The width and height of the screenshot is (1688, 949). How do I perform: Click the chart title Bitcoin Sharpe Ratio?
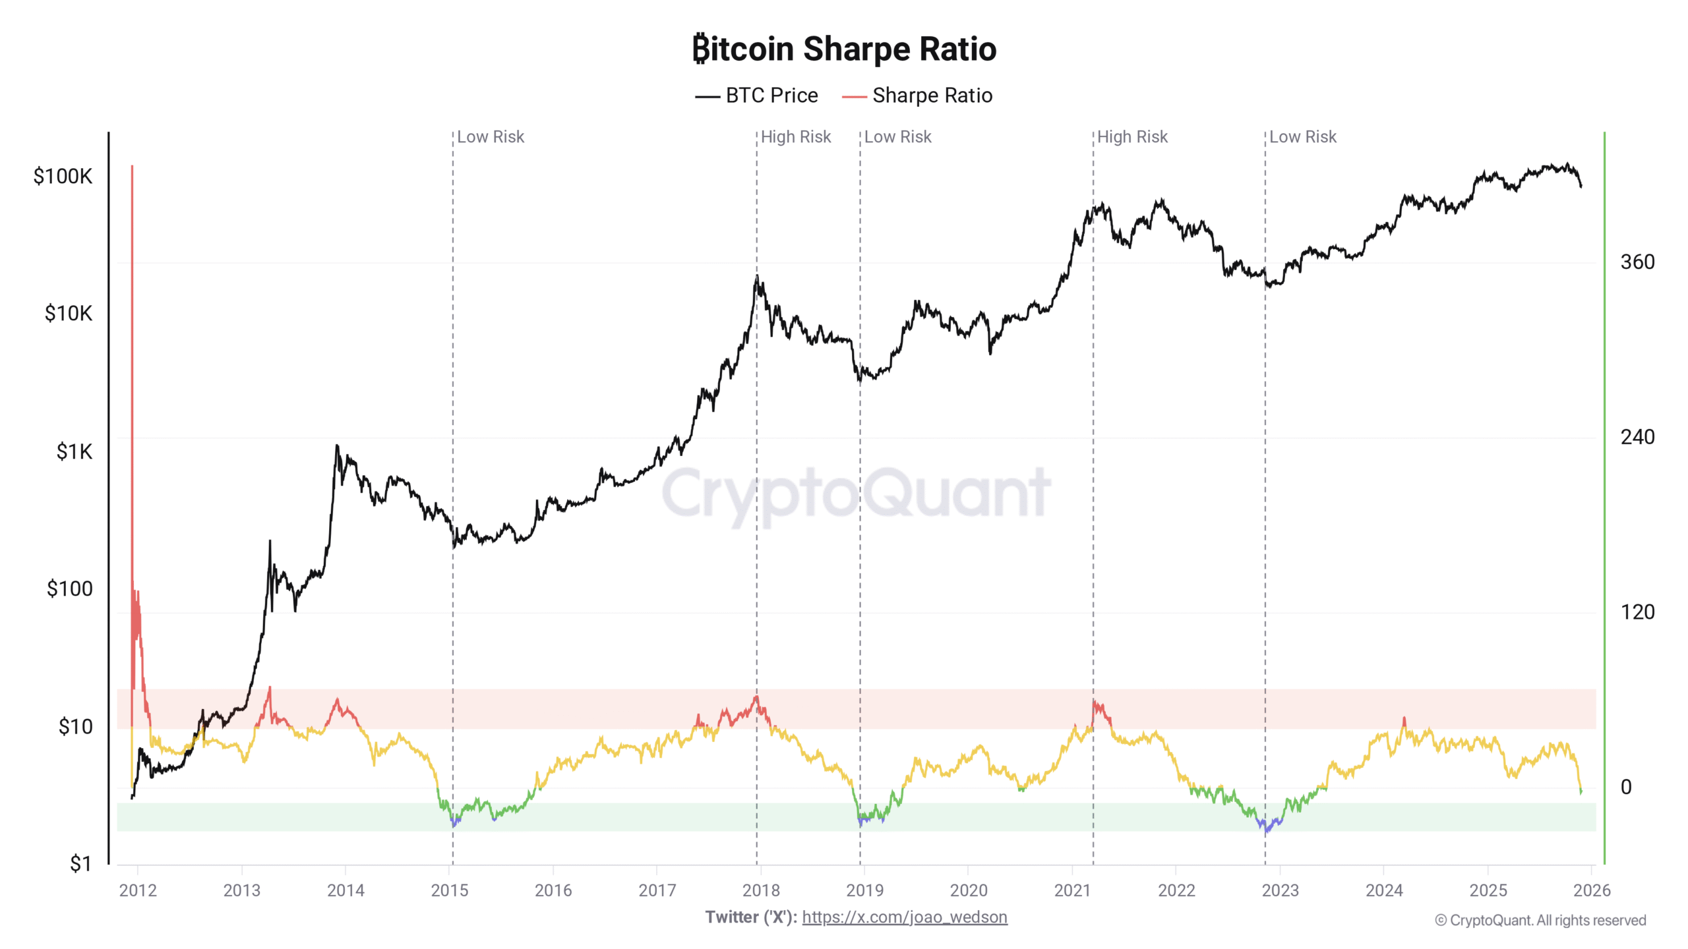844,49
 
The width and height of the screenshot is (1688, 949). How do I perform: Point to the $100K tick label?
63,176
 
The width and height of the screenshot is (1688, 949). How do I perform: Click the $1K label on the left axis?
74,451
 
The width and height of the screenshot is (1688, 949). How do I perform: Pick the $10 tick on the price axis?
75,726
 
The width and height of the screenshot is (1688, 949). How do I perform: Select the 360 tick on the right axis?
1637,262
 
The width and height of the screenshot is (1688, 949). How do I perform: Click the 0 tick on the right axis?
1626,786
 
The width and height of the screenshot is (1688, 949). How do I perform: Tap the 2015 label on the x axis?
450,890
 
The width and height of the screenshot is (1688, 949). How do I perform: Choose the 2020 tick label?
969,890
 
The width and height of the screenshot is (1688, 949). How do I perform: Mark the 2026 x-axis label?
1592,890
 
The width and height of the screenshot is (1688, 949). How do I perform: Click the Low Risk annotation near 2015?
491,137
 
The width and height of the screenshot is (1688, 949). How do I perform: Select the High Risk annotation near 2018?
796,137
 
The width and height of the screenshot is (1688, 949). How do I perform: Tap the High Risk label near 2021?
1132,137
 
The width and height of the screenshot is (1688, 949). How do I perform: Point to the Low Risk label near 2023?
1303,137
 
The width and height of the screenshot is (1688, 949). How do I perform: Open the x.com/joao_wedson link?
905,917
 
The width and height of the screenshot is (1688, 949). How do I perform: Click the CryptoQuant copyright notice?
1540,921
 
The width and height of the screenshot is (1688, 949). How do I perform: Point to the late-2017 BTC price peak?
757,276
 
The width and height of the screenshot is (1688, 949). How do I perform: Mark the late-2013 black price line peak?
337,446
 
